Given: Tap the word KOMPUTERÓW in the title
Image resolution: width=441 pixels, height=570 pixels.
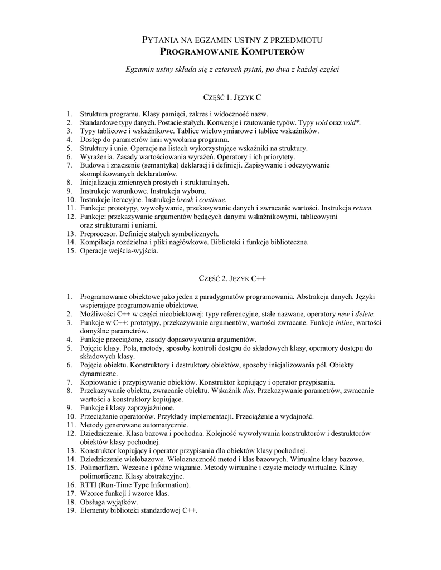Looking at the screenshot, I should pos(272,52).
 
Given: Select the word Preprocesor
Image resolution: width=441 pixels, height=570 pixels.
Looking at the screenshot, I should pos(99,234).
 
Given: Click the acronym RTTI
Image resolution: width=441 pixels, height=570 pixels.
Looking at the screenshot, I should pos(89,485).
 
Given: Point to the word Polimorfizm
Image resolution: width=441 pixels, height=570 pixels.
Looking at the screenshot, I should pos(100,468).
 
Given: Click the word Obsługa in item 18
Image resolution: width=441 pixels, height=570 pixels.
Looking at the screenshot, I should pos(93,502).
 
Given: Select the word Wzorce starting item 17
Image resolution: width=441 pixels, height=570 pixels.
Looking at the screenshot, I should pos(93,493).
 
